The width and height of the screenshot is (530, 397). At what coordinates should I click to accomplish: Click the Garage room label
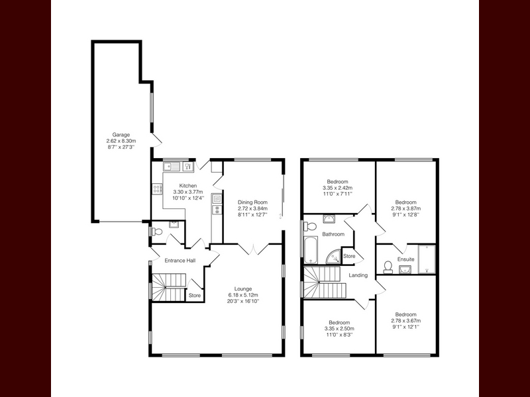tap(121, 135)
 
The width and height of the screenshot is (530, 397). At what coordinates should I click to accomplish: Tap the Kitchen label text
tap(188, 186)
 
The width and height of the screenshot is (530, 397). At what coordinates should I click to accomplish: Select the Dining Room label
tap(252, 202)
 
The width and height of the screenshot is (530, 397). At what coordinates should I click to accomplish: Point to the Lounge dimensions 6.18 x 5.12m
tap(243, 295)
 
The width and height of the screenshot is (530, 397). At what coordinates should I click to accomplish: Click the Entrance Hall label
tap(180, 261)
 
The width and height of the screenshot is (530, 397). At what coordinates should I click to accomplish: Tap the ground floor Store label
tap(195, 295)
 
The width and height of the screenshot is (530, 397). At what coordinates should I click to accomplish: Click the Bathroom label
tap(333, 234)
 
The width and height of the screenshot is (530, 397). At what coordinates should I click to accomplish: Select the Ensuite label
tap(405, 259)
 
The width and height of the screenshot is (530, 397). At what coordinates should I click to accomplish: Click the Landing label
tap(358, 275)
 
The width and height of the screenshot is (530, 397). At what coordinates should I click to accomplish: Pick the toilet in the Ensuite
tap(388, 267)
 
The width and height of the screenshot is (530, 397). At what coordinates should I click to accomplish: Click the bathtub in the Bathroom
tap(311, 250)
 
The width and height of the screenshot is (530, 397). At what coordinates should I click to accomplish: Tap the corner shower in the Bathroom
tap(333, 256)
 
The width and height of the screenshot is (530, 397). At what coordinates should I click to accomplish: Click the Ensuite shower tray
tap(427, 259)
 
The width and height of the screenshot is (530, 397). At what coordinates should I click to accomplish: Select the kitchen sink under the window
tap(172, 167)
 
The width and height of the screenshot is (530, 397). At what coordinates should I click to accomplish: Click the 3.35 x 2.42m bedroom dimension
tap(338, 188)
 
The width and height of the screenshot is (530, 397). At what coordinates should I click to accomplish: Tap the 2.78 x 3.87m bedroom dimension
tap(406, 208)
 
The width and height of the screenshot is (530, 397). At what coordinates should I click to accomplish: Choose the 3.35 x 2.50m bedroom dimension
tap(339, 329)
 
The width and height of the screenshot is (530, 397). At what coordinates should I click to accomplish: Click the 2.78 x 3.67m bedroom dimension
tap(406, 321)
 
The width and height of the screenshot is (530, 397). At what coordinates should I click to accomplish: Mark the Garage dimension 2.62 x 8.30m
tap(121, 141)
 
